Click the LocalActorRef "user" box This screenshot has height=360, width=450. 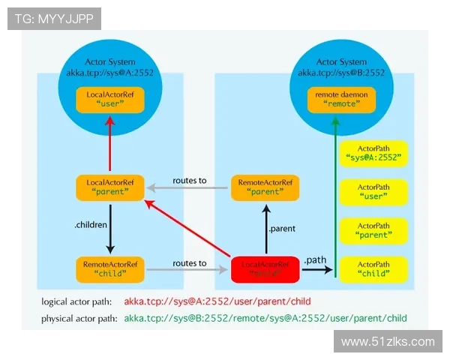pyautogui.click(x=111, y=99)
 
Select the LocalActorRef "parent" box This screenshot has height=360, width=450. pyautogui.click(x=111, y=187)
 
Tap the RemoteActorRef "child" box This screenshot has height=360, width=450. pyautogui.click(x=110, y=268)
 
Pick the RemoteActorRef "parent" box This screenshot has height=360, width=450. pyautogui.click(x=265, y=187)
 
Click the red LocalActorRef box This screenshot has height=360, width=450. pyautogui.click(x=266, y=268)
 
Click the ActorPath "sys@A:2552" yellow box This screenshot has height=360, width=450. pyautogui.click(x=373, y=153)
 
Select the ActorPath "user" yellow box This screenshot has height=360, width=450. pyautogui.click(x=373, y=191)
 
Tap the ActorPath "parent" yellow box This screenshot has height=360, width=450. pyautogui.click(x=373, y=229)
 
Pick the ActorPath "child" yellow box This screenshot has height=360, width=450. pyautogui.click(x=373, y=268)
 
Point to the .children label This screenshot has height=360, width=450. pyautogui.click(x=91, y=224)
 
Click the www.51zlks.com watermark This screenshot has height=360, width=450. pyautogui.click(x=387, y=342)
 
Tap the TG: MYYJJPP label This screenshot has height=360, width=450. pyautogui.click(x=54, y=18)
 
